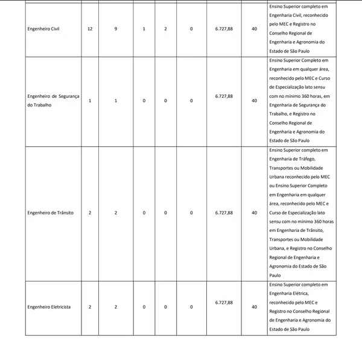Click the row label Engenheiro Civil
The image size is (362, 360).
[46, 29]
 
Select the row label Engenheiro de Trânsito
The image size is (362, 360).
[51, 213]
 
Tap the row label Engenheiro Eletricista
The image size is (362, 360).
[49, 307]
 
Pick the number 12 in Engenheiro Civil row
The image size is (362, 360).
[90, 29]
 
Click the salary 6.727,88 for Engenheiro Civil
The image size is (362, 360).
[224, 29]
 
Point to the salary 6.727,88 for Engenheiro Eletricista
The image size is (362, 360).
[224, 302]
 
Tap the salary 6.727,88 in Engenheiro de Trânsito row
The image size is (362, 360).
[224, 213]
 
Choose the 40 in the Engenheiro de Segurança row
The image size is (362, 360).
[255, 101]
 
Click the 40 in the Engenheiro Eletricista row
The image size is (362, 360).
[255, 307]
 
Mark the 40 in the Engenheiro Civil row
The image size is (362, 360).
[255, 29]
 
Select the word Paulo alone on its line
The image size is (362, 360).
[276, 275]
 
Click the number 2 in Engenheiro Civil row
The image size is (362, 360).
[165, 29]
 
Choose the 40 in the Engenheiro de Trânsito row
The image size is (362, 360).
[255, 213]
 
